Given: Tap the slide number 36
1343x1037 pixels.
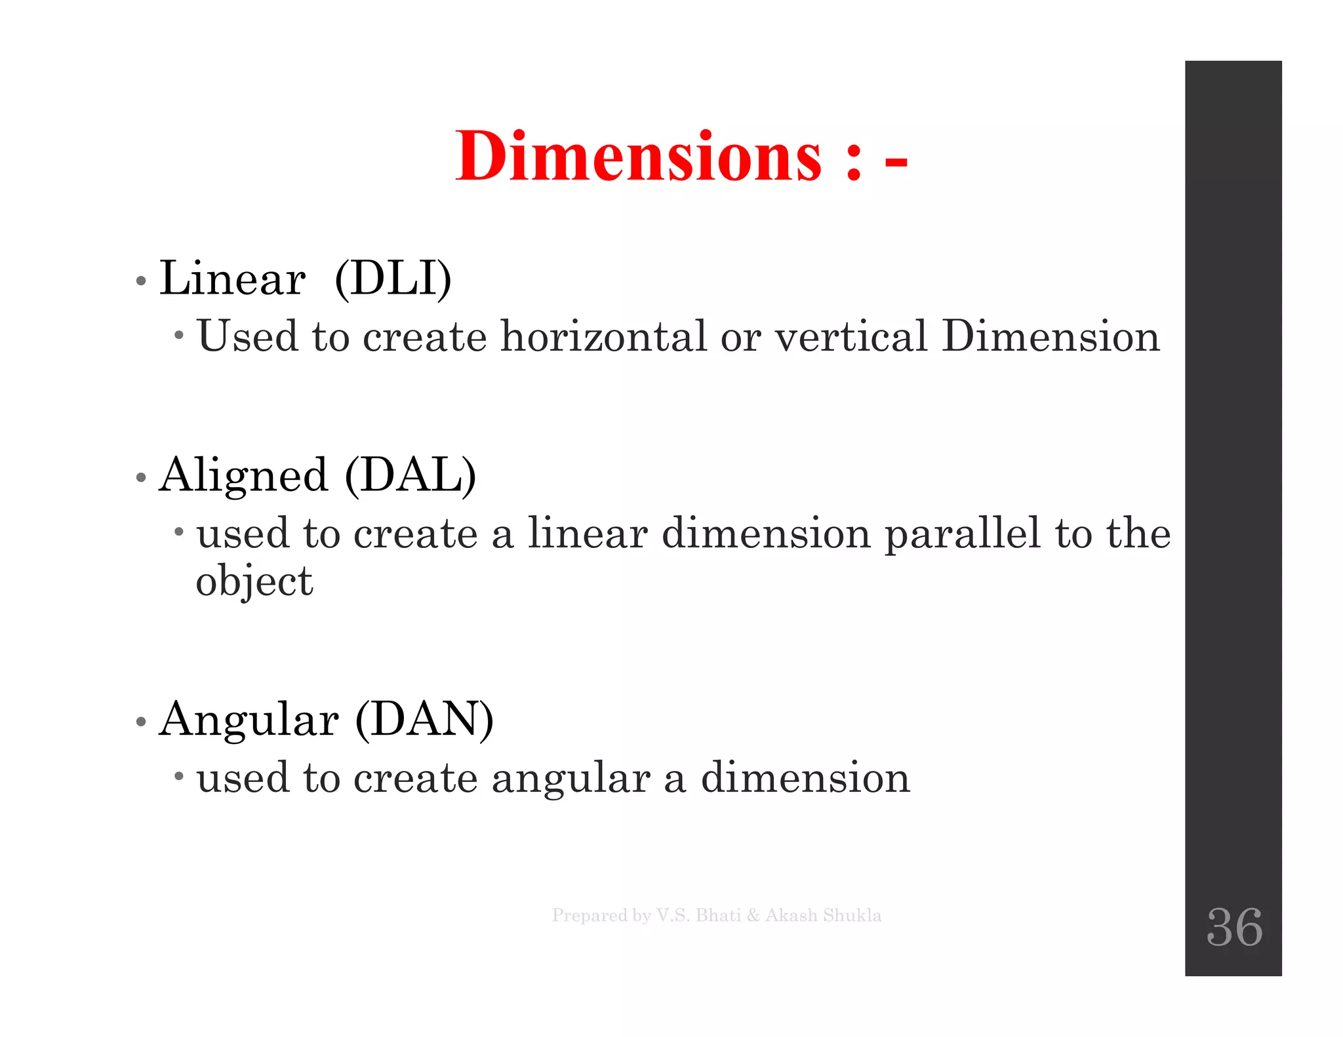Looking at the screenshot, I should coord(1234,927).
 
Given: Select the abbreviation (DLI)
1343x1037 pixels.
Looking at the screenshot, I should coord(393,279).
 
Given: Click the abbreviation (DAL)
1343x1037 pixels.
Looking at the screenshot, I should coord(411,475).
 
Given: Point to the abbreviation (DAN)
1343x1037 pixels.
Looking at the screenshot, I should coord(424,720).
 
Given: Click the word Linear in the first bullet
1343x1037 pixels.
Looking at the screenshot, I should coord(232,279).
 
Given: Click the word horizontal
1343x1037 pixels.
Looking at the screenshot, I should coord(603,336).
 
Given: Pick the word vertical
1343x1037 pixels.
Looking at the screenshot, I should coord(851,336).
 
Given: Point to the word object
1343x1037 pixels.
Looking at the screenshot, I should coord(254,582).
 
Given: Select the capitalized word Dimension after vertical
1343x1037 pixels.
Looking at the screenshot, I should coord(1051,336).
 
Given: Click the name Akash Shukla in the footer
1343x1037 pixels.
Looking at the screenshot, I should coord(823,915).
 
